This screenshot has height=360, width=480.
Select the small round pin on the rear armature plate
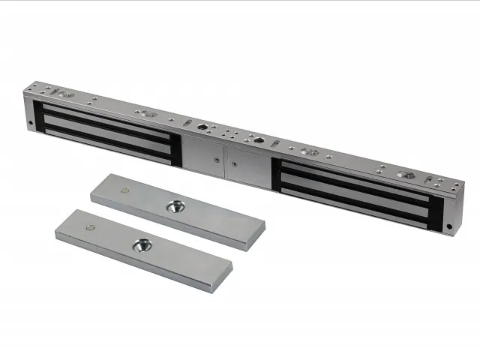point(124,190)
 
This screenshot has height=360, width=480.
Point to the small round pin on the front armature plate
point(91,226)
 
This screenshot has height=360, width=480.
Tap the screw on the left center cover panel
point(214,159)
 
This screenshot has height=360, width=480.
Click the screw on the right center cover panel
point(234,163)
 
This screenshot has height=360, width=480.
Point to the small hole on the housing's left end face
point(31,123)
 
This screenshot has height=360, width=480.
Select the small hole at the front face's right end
point(449,226)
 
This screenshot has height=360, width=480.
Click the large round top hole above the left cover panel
point(202,127)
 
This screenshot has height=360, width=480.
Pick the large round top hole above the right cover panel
point(258,140)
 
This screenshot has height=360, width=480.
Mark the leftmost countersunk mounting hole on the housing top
point(66,95)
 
